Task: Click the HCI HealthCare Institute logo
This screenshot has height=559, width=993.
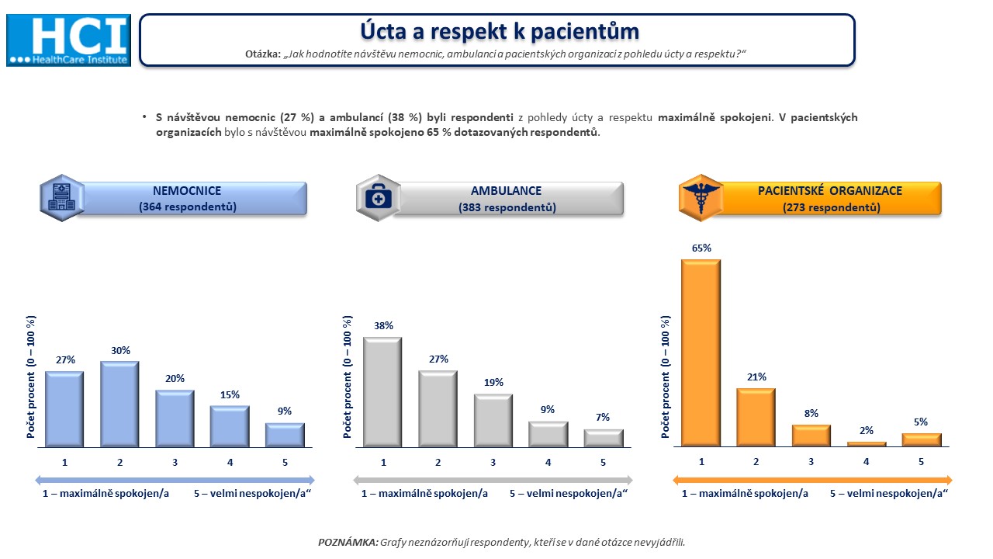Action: click(69, 40)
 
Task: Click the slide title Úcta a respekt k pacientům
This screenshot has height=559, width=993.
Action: click(500, 32)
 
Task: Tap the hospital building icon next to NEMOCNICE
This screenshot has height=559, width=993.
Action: click(62, 198)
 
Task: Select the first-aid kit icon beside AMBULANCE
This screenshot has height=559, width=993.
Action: click(378, 198)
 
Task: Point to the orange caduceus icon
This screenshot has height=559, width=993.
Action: click(701, 198)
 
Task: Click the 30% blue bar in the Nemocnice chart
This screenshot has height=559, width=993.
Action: click(119, 404)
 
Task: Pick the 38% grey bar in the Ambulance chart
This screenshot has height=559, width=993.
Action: click(382, 392)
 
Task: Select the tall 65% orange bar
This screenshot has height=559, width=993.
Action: click(701, 352)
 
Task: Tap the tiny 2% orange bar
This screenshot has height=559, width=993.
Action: click(867, 443)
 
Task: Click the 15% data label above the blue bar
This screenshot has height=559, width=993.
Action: click(230, 395)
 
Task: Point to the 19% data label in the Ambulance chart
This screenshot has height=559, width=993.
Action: click(493, 383)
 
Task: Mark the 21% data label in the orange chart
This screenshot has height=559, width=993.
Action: click(756, 377)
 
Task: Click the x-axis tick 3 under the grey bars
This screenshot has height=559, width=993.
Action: click(493, 462)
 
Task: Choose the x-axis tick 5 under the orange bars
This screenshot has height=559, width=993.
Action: click(921, 462)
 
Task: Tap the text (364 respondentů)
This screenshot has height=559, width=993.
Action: click(188, 207)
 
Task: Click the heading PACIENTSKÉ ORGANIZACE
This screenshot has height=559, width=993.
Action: click(830, 191)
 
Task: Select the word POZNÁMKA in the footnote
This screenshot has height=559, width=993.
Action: click(348, 542)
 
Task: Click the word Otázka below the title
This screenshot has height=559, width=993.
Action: click(263, 54)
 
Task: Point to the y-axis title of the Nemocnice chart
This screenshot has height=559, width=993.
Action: click(30, 377)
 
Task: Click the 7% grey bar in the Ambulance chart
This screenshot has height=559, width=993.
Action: click(604, 438)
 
